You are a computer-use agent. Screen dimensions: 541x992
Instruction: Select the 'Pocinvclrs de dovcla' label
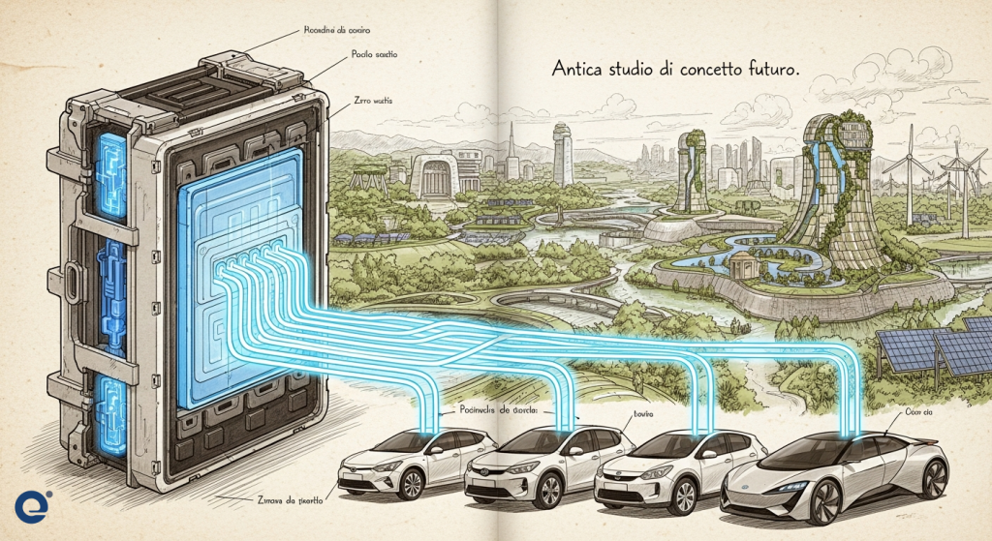pyautogui.click(x=500, y=409)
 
